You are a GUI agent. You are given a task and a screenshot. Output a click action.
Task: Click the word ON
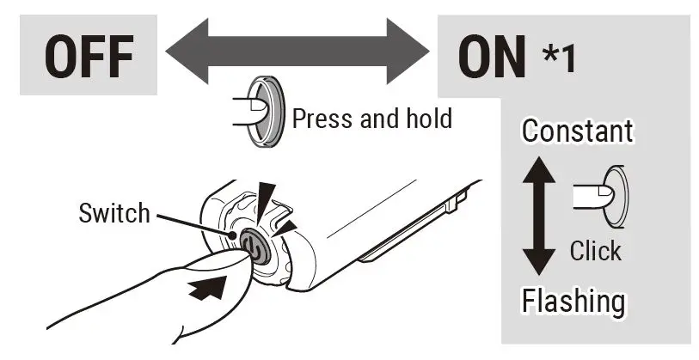[x=492, y=57]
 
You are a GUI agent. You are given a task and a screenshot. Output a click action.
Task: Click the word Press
[x=324, y=118]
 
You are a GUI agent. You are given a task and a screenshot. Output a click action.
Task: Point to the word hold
[x=429, y=118]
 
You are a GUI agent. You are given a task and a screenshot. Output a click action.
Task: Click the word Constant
[x=577, y=131]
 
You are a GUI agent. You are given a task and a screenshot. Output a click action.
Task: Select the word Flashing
[x=573, y=301]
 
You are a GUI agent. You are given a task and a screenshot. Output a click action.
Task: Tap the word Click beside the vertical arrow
[x=596, y=251]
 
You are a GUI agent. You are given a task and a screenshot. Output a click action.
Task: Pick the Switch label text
[x=113, y=212]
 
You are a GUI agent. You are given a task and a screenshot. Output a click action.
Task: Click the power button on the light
[x=251, y=245]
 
